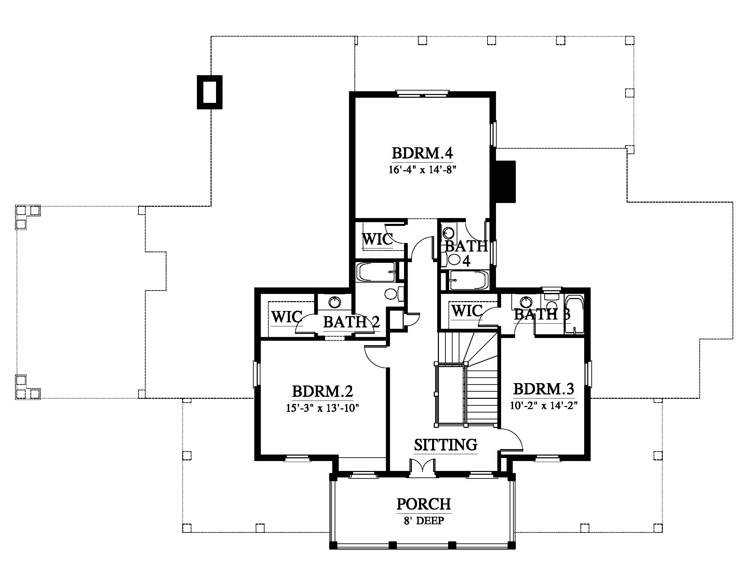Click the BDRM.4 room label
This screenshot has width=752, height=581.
(422, 153)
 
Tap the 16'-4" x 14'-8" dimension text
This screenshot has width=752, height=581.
(422, 170)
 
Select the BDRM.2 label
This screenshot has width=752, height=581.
(323, 391)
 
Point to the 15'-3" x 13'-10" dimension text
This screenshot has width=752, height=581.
(323, 408)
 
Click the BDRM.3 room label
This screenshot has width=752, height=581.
(544, 389)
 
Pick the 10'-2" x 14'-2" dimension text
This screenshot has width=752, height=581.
(544, 406)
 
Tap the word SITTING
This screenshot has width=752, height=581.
(445, 445)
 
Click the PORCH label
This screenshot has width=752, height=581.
(424, 504)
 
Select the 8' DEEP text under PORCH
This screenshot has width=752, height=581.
(424, 521)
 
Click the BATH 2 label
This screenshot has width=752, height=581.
(351, 322)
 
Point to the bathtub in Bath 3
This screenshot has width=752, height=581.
(574, 314)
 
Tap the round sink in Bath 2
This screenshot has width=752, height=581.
(334, 302)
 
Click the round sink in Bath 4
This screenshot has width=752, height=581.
(448, 233)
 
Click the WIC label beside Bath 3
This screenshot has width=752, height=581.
(467, 311)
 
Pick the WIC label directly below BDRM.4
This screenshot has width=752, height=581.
(377, 239)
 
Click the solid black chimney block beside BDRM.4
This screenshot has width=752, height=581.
(506, 181)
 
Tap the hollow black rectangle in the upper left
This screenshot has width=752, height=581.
(210, 92)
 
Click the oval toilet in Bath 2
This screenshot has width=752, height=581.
(391, 294)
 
